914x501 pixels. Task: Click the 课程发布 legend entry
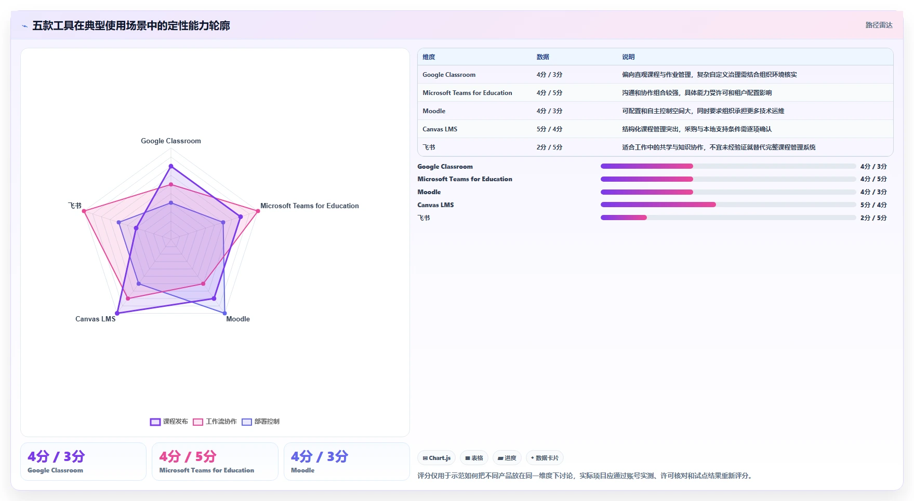[x=169, y=422]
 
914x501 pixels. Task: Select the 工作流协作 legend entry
[x=215, y=422]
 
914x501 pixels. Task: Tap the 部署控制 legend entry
[x=260, y=422]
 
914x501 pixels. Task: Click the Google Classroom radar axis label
[x=171, y=141]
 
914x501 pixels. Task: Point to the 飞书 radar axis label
[x=75, y=206]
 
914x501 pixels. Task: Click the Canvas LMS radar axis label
[x=96, y=319]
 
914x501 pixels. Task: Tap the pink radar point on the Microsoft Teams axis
[x=258, y=211]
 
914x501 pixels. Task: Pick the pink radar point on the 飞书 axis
[x=84, y=211]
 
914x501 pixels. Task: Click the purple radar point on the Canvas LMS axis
[x=117, y=313]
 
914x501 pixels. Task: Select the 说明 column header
[x=628, y=57]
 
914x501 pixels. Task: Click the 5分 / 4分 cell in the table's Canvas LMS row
[x=549, y=129]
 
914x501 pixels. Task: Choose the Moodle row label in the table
[x=434, y=111]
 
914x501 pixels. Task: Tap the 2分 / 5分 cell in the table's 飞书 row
[x=549, y=147]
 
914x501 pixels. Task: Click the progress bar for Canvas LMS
[x=728, y=205]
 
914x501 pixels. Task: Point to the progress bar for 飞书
[x=728, y=218]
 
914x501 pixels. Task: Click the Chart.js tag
[x=436, y=458]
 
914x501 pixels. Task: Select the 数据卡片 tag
[x=545, y=458]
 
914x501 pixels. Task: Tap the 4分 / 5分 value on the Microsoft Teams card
[x=188, y=456]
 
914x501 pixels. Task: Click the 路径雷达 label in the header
[x=879, y=25]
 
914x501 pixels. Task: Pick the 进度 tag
[x=507, y=458]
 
